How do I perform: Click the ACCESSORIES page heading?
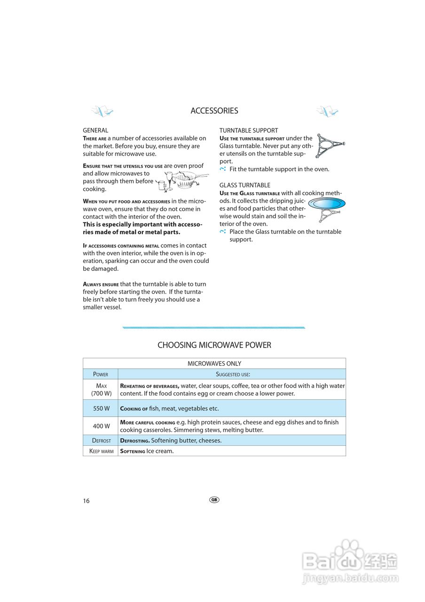click(x=214, y=111)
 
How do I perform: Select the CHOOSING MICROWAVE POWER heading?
click(x=214, y=345)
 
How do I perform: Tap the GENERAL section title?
click(x=95, y=130)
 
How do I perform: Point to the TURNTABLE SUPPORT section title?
click(x=249, y=130)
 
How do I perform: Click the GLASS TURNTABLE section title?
click(x=244, y=185)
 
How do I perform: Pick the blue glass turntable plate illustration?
click(x=327, y=203)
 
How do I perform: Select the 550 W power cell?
click(x=101, y=409)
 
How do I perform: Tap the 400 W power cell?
click(x=101, y=426)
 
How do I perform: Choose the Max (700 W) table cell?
click(x=101, y=389)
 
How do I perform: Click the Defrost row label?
click(x=101, y=441)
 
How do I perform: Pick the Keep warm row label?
click(x=101, y=451)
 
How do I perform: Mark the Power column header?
click(x=101, y=374)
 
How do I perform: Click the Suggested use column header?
click(x=232, y=374)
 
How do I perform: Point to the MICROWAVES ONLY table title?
click(x=214, y=364)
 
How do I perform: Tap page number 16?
click(x=86, y=501)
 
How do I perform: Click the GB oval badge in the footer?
click(x=214, y=499)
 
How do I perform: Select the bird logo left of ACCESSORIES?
click(x=102, y=111)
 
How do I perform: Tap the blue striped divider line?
click(x=214, y=327)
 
